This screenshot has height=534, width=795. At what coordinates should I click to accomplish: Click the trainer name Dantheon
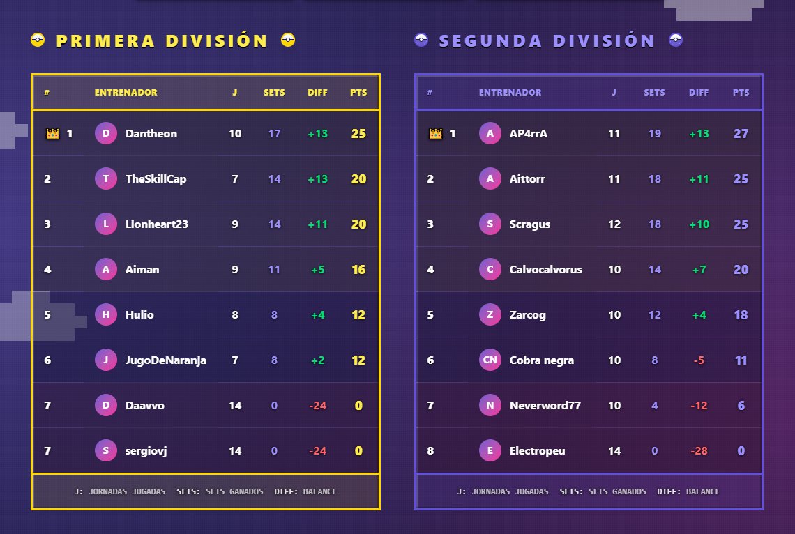151,134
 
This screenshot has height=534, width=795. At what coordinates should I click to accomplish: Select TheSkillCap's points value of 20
358,179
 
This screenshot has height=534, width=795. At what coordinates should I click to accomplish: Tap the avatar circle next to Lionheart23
105,224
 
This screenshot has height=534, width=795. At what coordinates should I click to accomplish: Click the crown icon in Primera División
52,134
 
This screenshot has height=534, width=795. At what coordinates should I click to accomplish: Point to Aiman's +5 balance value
317,270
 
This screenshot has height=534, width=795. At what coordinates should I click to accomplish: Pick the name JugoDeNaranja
165,360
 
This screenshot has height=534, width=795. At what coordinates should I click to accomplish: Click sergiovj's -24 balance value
317,451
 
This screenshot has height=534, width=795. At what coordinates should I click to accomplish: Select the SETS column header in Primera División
274,93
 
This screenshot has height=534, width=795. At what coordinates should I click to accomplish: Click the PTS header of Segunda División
741,93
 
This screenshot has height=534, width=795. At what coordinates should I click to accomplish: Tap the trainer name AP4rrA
528,134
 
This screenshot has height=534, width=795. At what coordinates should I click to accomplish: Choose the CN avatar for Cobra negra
490,360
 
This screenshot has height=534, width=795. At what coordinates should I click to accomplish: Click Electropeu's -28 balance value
699,451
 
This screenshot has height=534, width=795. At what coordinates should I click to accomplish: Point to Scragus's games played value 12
614,224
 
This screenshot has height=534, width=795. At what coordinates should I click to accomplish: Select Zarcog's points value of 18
741,315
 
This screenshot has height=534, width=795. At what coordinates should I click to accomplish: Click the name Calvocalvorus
545,270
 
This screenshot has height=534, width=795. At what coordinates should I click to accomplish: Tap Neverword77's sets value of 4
654,406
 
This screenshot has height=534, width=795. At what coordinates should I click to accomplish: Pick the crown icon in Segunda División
435,134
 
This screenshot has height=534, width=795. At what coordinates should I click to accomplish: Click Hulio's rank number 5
47,315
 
